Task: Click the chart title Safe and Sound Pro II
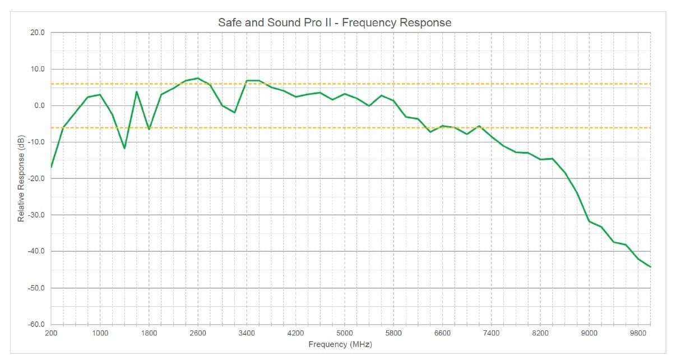(334, 22)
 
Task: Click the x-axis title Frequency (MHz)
(340, 344)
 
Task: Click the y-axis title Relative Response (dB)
(21, 179)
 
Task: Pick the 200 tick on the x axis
(51, 333)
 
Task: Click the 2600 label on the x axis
(197, 333)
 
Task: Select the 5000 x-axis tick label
(344, 333)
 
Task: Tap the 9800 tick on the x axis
(638, 333)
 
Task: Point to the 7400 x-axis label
(491, 333)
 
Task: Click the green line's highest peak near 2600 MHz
(198, 78)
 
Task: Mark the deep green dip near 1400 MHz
(124, 148)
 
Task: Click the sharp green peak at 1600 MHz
(137, 91)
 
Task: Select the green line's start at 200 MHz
(51, 167)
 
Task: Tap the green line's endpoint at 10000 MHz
(650, 267)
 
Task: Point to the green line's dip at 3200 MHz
(234, 113)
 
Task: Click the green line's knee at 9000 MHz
(589, 221)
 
